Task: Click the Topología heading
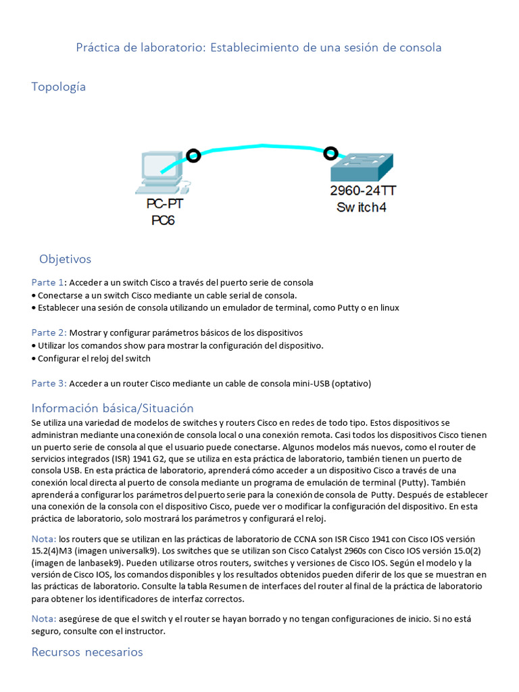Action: [59, 86]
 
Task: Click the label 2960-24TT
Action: [362, 191]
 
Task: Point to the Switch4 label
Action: [362, 207]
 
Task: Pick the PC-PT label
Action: [164, 203]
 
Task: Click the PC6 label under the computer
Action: [163, 220]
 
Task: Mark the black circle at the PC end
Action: [193, 156]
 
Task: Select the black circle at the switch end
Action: [330, 153]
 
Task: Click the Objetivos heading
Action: [65, 259]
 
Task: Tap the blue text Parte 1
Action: [47, 282]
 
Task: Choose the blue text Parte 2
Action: [49, 332]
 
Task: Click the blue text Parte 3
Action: [49, 383]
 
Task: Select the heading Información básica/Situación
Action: [112, 408]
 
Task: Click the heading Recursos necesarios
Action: [87, 652]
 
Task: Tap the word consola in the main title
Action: [419, 47]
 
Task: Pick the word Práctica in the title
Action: [99, 47]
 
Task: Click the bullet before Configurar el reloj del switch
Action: [34, 359]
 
